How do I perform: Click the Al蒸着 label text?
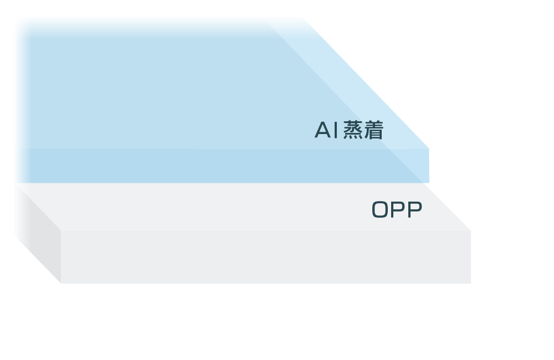[348, 130]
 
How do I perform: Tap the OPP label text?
[397, 209]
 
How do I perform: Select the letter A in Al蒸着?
[323, 130]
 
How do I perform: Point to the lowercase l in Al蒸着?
[336, 130]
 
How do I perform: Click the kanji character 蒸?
[353, 130]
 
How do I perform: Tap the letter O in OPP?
[380, 209]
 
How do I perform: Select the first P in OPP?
[397, 209]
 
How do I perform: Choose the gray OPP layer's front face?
[266, 257]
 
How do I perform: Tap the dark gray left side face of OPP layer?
[38, 233]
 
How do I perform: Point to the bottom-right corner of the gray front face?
[471, 284]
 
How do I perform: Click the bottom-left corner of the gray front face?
[61, 284]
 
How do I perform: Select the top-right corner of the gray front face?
[471, 231]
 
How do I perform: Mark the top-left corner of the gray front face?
[61, 231]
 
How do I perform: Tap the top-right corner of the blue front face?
[429, 148]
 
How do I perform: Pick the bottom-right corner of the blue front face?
[429, 183]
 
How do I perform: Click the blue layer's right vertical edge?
[429, 166]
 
